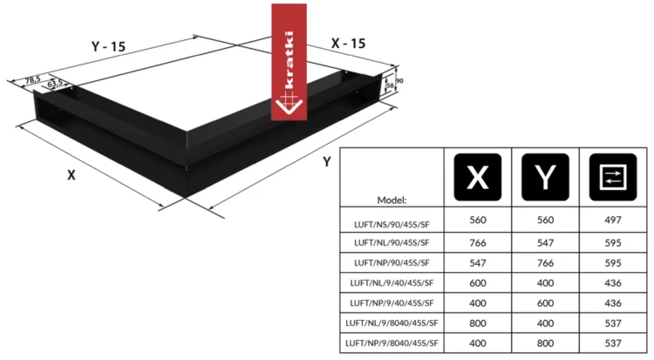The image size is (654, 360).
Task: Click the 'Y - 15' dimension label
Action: click(108, 46)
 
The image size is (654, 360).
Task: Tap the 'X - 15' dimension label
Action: click(348, 44)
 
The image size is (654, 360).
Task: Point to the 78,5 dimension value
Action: click(33, 79)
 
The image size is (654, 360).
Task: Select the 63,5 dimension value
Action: click(55, 83)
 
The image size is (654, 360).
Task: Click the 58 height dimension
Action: click(390, 85)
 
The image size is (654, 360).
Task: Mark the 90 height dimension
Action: click(399, 80)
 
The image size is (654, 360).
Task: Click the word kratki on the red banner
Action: click(289, 59)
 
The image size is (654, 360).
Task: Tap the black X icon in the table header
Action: click(478, 177)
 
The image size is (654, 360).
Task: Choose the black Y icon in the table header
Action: click(545, 177)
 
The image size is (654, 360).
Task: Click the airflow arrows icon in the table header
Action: click(613, 177)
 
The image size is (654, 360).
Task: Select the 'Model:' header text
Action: click(392, 200)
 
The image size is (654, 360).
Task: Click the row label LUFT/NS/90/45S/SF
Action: click(392, 224)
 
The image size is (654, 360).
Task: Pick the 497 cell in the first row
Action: click(613, 220)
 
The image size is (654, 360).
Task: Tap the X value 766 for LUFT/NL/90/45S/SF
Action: click(478, 243)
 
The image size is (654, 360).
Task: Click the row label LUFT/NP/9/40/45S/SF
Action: click(392, 302)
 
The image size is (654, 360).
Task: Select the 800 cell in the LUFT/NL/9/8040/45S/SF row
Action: click(478, 323)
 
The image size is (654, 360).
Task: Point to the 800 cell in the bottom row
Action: click(545, 343)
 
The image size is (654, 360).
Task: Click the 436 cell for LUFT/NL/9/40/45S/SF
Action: click(613, 282)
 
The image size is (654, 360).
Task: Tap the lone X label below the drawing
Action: click(72, 175)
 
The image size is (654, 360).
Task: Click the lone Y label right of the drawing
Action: click(327, 162)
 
